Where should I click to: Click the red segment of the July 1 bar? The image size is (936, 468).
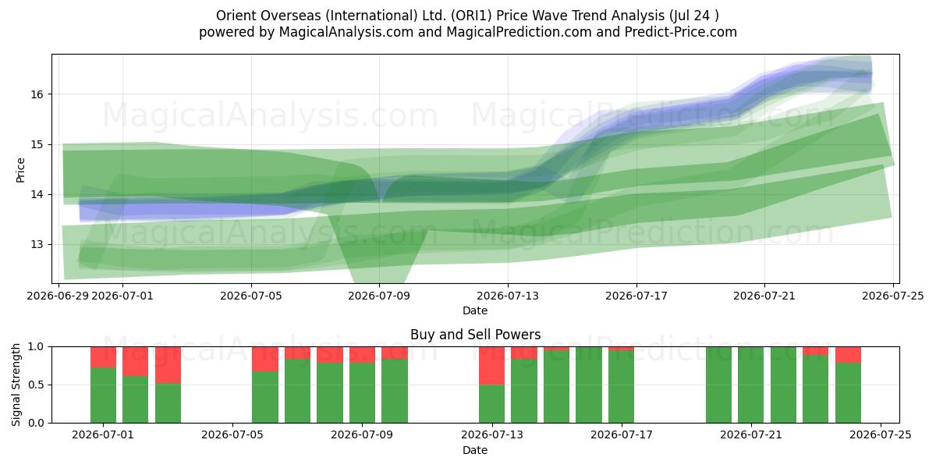coord(103,357)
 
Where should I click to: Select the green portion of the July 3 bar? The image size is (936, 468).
coord(168,402)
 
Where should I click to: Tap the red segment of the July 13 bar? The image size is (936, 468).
coord(492,366)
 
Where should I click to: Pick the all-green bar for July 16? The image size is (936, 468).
coord(589,385)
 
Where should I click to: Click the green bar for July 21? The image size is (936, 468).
coord(750,385)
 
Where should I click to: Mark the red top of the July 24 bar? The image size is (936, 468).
coord(849,355)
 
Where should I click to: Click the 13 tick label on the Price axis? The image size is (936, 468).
coord(37,244)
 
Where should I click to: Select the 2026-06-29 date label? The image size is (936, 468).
coord(58,296)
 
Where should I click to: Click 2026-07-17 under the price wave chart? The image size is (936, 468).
coord(636,296)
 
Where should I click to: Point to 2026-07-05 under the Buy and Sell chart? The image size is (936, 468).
coord(232,435)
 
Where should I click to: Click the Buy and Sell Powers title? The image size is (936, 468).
coord(476,335)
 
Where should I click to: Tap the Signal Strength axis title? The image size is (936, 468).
coord(16,385)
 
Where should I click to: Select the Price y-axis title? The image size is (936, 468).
coord(20,170)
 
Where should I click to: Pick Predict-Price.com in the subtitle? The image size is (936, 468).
coord(681,32)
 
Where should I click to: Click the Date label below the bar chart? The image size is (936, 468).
coord(475,450)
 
